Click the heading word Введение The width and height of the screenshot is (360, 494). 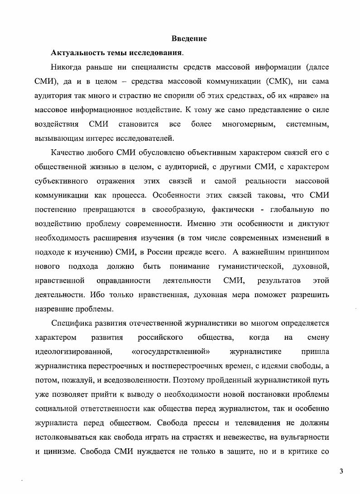click(189, 38)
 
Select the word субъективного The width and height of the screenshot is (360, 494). click(61, 181)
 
